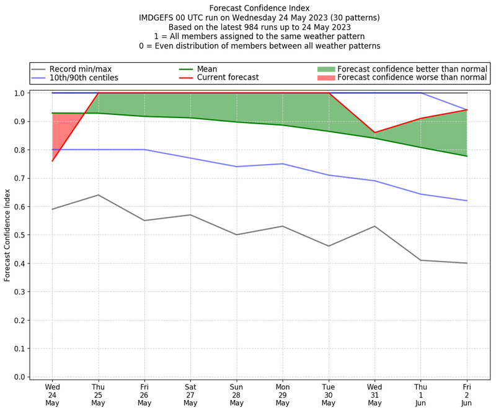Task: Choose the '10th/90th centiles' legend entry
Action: [84, 78]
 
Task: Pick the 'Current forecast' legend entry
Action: [228, 78]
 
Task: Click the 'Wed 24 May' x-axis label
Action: [52, 395]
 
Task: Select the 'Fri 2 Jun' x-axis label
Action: [467, 395]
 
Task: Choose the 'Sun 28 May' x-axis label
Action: [236, 395]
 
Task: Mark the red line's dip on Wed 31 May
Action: [374, 132]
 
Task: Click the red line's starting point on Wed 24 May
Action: [52, 161]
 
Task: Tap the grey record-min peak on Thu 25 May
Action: [98, 195]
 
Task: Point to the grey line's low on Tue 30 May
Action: [329, 246]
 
